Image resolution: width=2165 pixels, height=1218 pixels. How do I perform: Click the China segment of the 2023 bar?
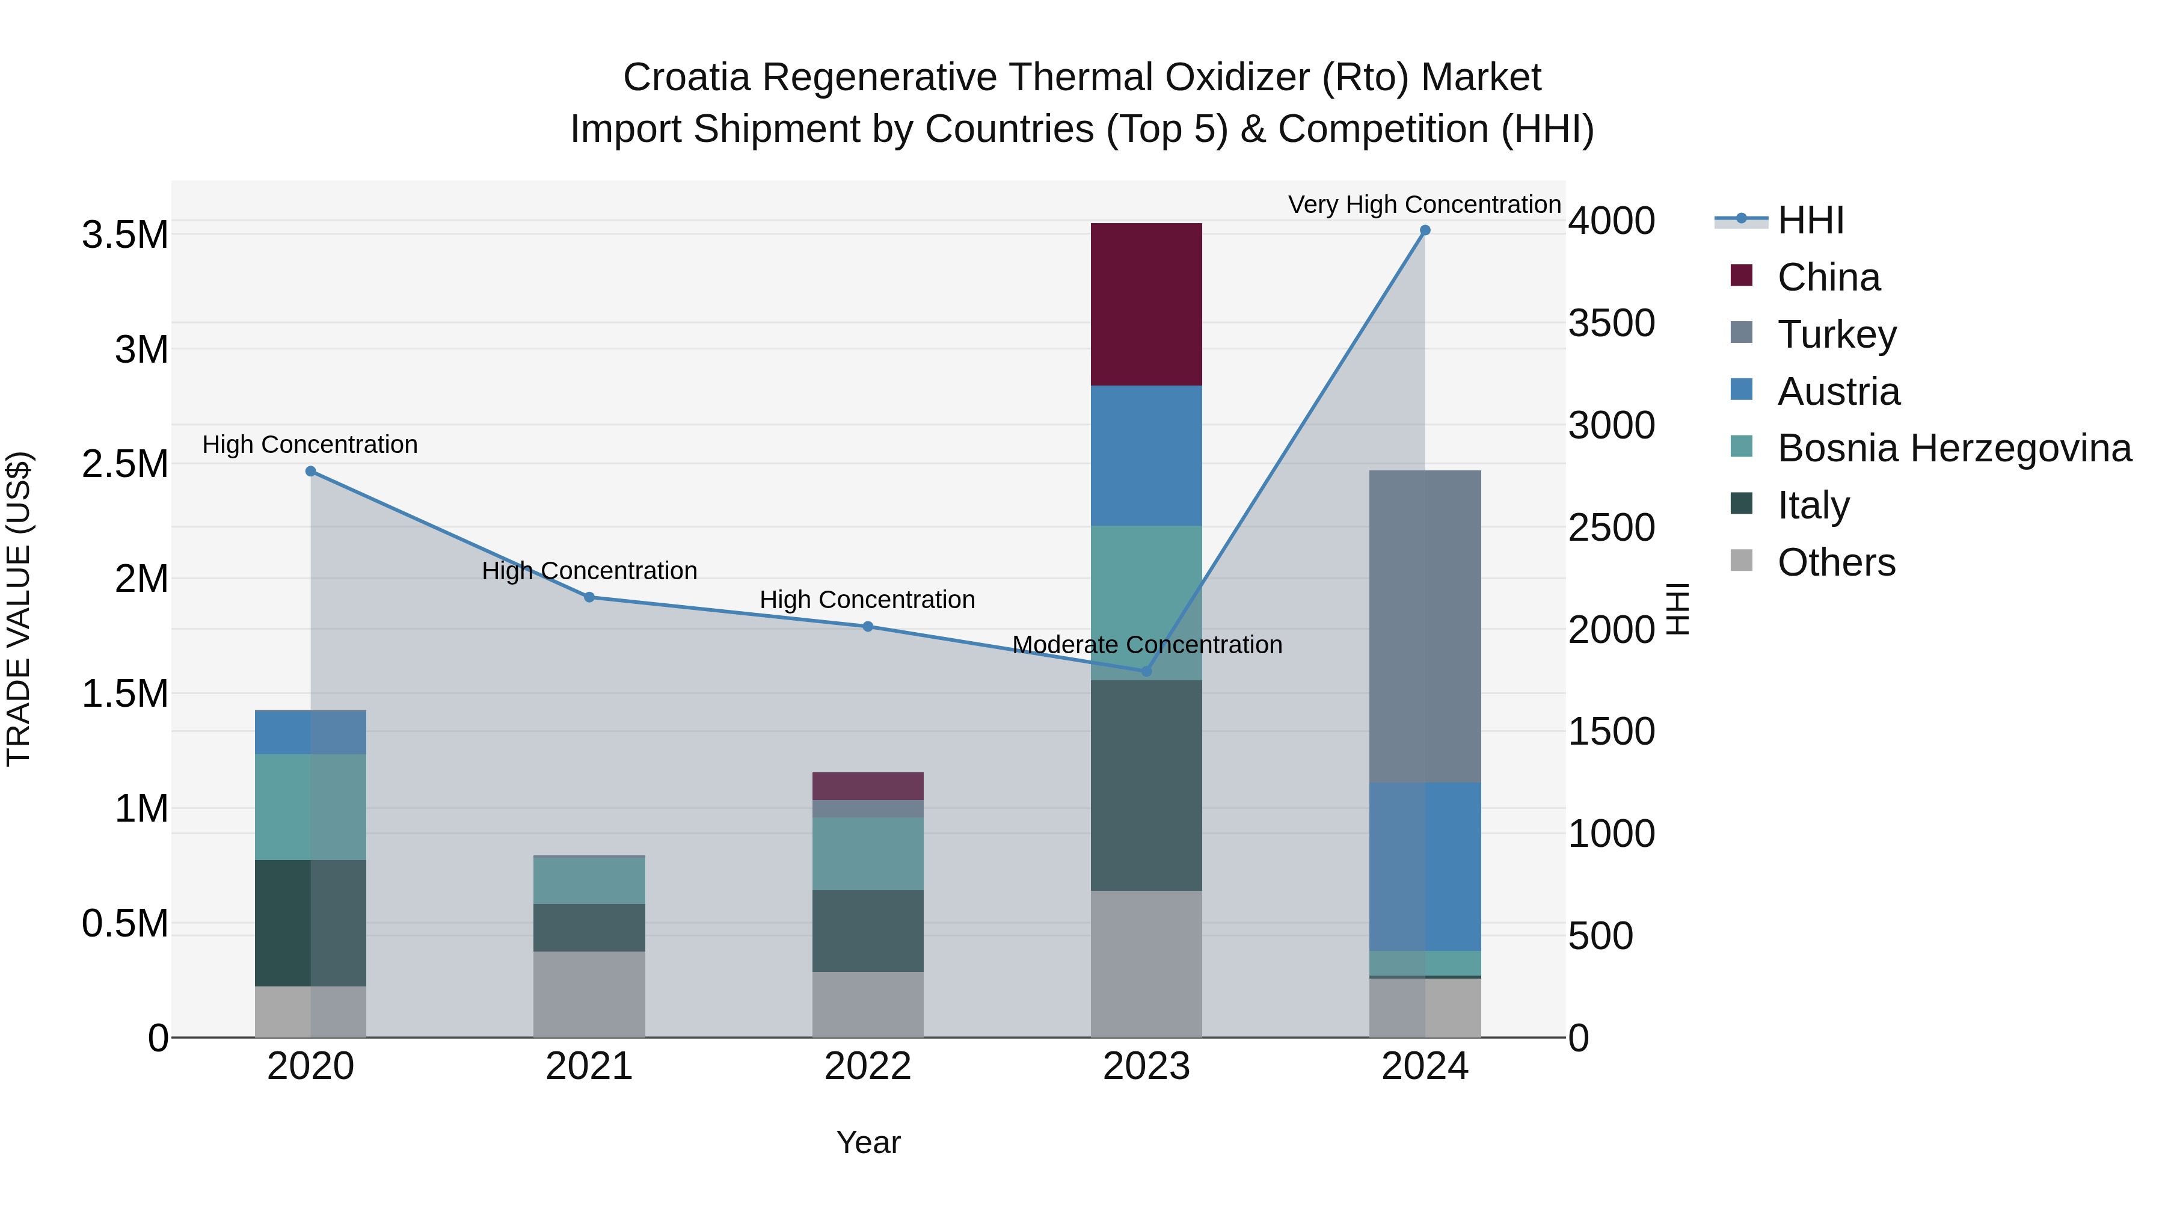click(1146, 304)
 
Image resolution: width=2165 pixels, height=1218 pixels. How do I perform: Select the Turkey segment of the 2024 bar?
click(1425, 626)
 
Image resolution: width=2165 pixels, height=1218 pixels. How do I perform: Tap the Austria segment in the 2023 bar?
click(1146, 455)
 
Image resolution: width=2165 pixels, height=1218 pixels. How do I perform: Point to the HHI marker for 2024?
click(1425, 230)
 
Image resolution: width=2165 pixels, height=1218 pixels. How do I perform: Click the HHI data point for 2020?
click(310, 472)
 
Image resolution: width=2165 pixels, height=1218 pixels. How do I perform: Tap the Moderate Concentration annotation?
click(1146, 645)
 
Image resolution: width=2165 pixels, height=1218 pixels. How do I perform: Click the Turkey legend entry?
click(1837, 334)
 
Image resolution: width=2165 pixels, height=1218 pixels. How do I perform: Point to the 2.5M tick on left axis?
click(124, 464)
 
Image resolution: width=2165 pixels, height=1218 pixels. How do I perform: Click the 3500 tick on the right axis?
click(1611, 324)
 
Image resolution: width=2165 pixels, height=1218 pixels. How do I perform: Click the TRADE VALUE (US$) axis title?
click(19, 609)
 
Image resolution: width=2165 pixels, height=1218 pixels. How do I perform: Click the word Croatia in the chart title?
click(686, 78)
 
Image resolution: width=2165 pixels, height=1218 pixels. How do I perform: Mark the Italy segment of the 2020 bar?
click(310, 922)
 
